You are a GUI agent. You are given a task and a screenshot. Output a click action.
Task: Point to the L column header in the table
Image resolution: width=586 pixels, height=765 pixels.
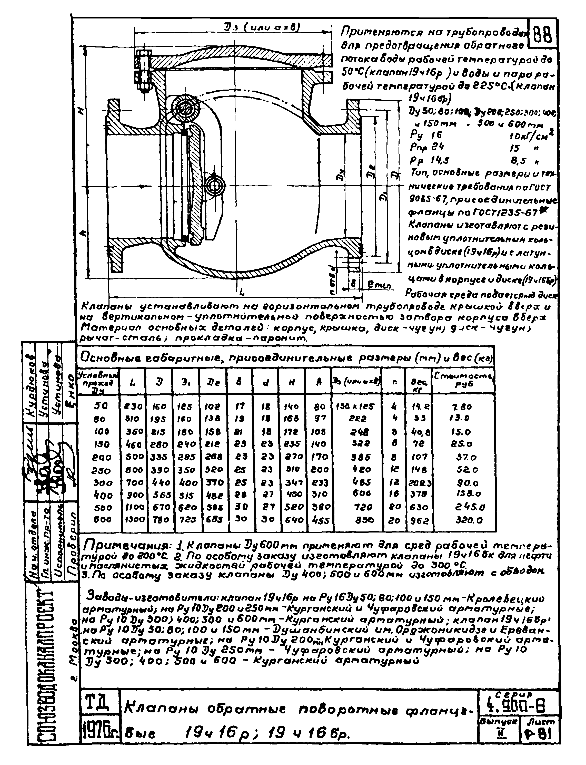(x=133, y=382)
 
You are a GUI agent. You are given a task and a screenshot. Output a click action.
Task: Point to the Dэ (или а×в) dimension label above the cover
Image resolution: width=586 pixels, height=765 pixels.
(x=262, y=26)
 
